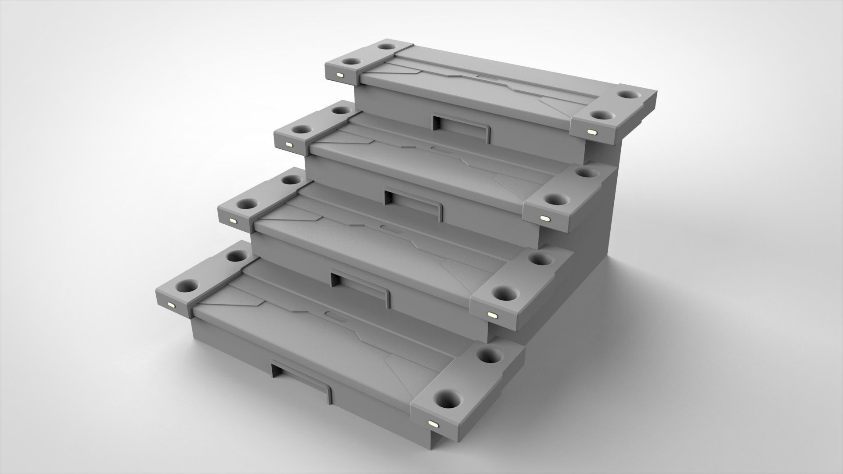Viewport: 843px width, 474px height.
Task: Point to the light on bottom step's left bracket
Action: click(x=171, y=304)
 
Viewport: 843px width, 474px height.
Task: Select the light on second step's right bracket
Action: click(x=544, y=218)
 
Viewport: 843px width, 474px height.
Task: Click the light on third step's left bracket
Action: click(x=231, y=221)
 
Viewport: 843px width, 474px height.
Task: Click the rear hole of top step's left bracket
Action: click(x=388, y=47)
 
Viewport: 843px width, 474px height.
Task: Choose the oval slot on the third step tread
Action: click(x=389, y=228)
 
